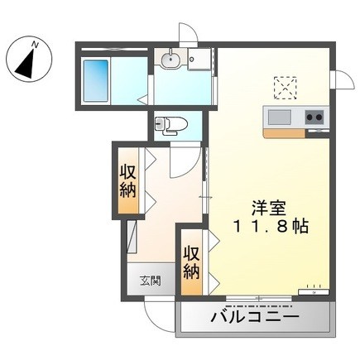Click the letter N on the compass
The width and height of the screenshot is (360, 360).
pos(35,44)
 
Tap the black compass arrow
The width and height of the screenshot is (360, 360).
pos(26,63)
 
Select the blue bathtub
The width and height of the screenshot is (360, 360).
pos(96,80)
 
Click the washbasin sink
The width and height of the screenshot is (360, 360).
pos(170,59)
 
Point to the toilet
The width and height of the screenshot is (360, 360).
pos(170,126)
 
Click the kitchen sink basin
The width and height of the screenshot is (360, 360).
pos(280,118)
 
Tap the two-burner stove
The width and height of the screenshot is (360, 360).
pos(314,118)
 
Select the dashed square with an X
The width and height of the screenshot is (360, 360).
pos(286,87)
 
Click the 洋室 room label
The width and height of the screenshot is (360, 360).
pos(268,208)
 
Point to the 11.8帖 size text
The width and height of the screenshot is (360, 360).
pos(271,227)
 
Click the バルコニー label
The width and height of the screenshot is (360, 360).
pos(255,317)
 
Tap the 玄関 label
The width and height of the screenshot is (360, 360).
pos(151,281)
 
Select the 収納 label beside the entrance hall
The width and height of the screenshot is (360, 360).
pos(127,181)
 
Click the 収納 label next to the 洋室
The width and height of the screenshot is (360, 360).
pos(191,262)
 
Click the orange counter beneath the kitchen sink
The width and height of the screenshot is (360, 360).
pos(284,133)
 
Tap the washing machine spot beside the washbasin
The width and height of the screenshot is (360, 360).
pos(199,59)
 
